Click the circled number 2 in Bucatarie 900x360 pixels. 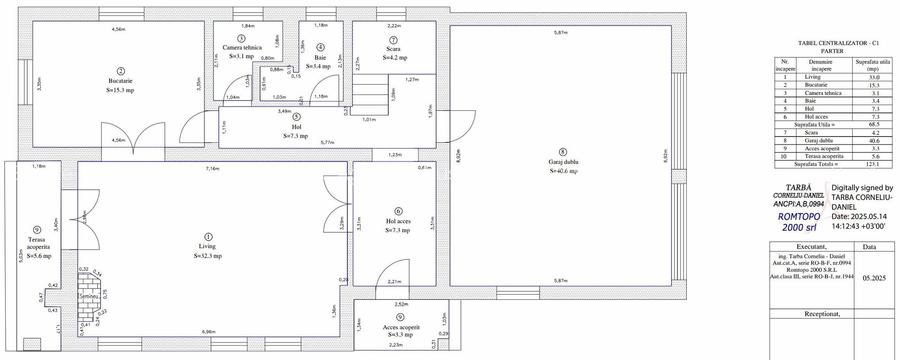[119, 71]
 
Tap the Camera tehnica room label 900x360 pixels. [243, 47]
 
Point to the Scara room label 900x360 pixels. [393, 48]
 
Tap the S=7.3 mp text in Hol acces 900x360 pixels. [397, 230]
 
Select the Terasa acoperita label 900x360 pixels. [37, 246]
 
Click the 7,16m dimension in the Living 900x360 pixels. [211, 169]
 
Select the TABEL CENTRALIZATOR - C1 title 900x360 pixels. [825, 42]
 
